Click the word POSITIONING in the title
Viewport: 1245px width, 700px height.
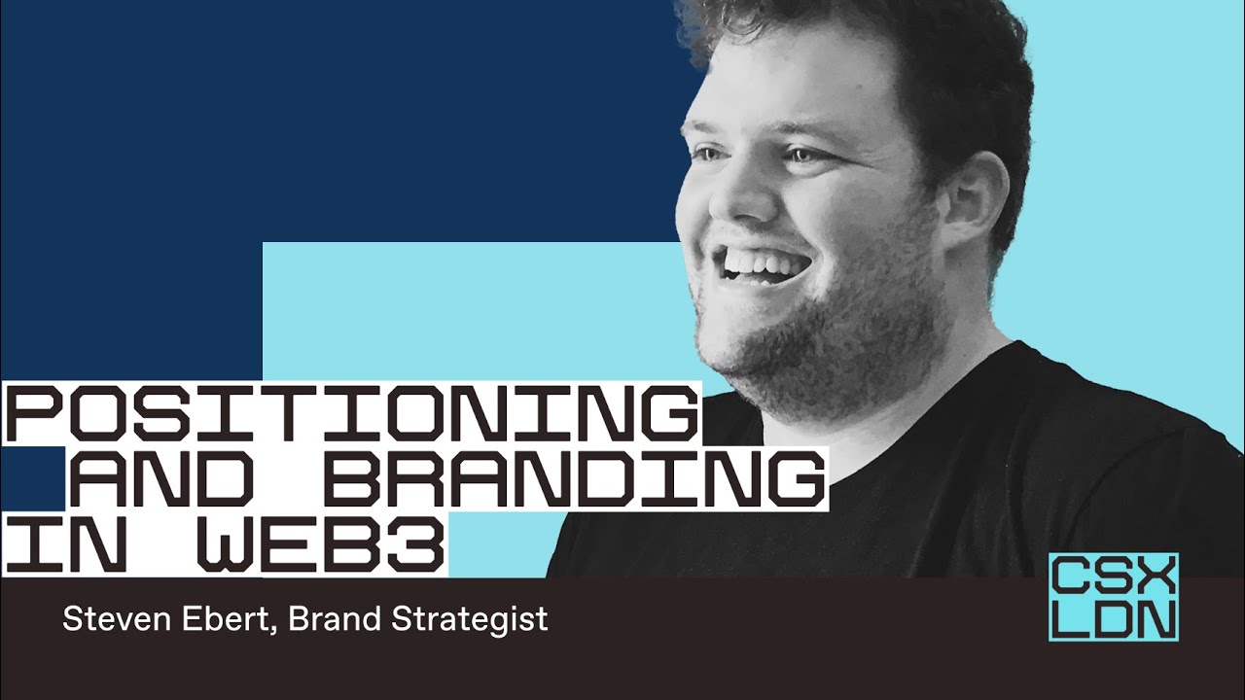[350, 414]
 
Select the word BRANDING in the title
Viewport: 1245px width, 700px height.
[574, 478]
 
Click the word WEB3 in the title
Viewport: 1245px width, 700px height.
[322, 543]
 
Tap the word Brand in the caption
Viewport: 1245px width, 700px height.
[335, 619]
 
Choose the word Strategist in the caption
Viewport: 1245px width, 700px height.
[470, 620]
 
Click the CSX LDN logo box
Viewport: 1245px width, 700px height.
[1114, 597]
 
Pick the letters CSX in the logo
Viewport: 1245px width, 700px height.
[1114, 576]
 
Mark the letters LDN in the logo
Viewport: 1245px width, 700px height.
[1114, 619]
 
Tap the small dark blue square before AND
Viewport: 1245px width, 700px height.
[32, 478]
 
